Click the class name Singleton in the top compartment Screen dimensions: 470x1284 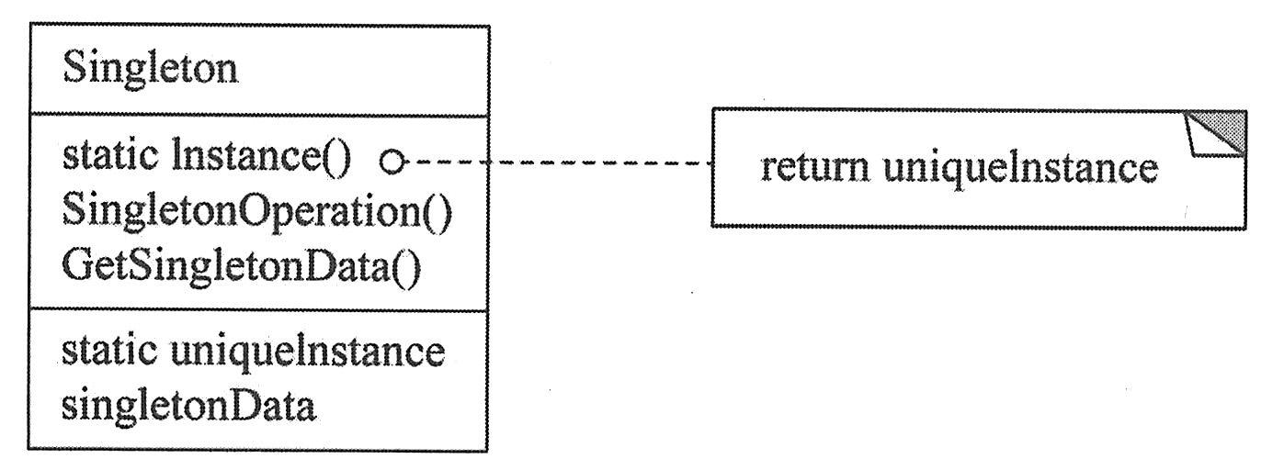(150, 70)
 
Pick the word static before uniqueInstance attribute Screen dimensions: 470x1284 (105, 351)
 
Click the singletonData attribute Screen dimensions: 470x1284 (188, 404)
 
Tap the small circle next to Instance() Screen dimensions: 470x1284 (393, 163)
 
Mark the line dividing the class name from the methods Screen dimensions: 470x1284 (257, 117)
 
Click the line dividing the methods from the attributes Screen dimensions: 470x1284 (257, 310)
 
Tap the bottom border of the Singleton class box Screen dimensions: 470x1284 (257, 450)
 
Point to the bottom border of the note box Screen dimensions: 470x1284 (979, 226)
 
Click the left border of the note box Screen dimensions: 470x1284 (713, 167)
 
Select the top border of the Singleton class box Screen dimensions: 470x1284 (257, 27)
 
